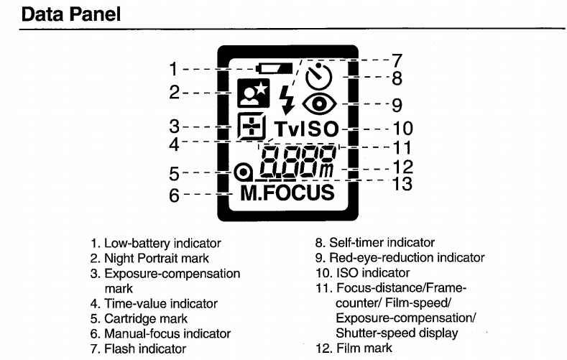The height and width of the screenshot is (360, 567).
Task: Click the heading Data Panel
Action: (71, 14)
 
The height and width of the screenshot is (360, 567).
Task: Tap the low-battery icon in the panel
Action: (275, 69)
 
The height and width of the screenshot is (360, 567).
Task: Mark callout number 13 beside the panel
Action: (402, 184)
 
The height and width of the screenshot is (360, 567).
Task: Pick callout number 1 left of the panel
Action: (173, 70)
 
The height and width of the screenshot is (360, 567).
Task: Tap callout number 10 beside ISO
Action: (402, 129)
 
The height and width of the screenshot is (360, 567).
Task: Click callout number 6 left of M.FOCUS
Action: (173, 195)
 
